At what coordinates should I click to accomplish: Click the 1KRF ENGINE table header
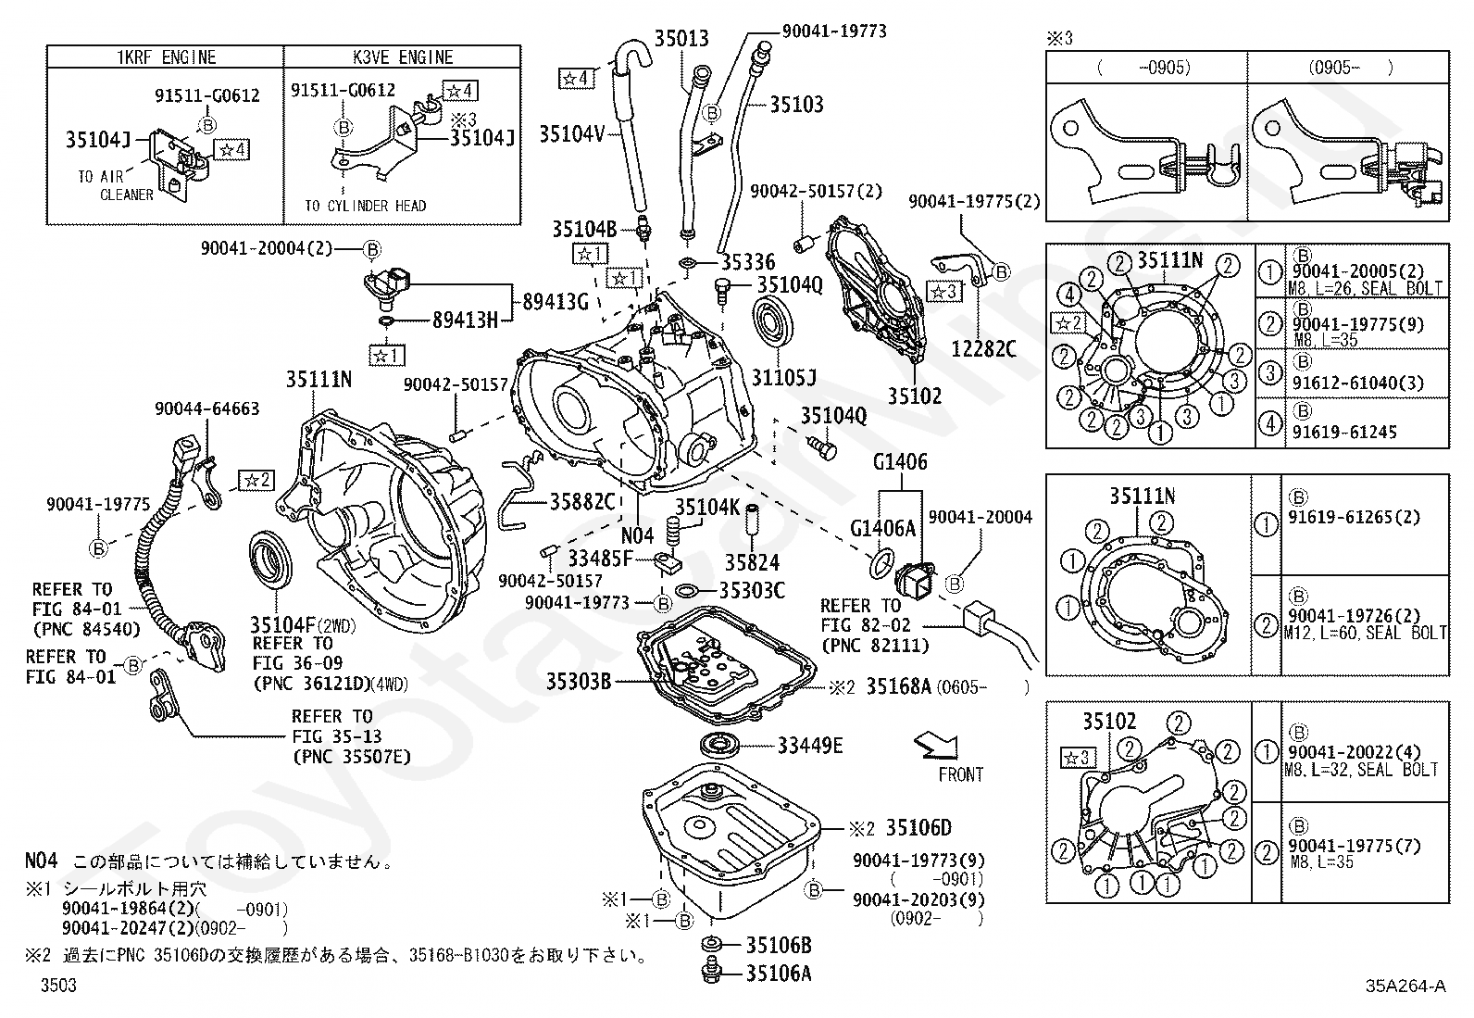coord(166,57)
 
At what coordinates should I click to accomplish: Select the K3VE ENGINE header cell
coord(403,57)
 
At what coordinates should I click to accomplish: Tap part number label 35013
coord(681,38)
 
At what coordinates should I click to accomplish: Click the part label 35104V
coord(572,133)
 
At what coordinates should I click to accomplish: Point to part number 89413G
coord(556,302)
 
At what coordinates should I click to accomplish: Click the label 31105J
coord(783,377)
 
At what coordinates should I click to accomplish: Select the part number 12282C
coord(984,348)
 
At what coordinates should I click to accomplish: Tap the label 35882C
coord(581,502)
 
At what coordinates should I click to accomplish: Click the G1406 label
coord(900,461)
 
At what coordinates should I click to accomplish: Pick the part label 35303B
coord(579,682)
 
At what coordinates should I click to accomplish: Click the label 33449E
coord(810,746)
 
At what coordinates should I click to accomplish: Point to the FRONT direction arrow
coord(936,745)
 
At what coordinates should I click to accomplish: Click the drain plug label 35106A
coord(779,974)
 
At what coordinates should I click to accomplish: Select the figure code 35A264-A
coord(1405,986)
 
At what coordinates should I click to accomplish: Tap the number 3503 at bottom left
coord(58,985)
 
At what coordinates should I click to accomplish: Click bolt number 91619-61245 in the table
coord(1344,432)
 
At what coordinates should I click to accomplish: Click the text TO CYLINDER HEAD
coord(365,207)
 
